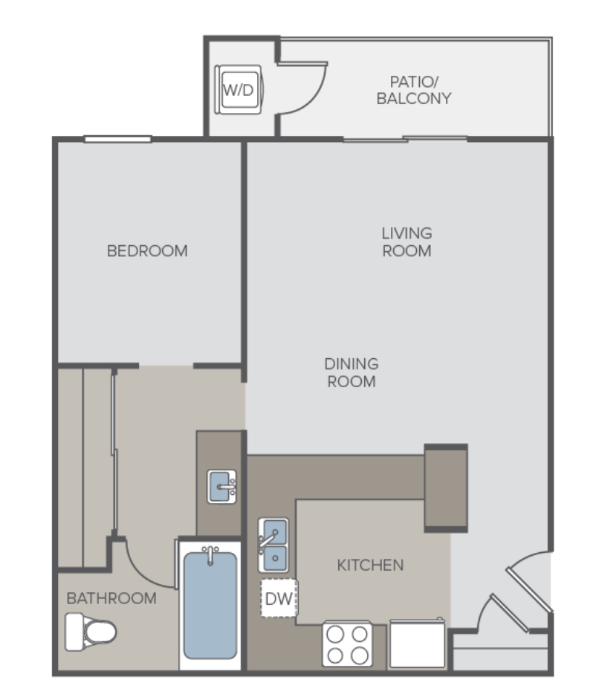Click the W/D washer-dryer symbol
[239, 90]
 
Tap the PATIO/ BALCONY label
[414, 90]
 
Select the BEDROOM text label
[147, 251]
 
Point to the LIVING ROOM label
[407, 242]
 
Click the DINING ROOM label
[352, 373]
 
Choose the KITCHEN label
[370, 565]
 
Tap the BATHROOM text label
[111, 598]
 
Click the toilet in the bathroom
[91, 632]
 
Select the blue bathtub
[210, 606]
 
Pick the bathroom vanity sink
[221, 486]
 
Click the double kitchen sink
[273, 545]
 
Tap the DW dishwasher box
[279, 598]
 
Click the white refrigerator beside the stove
[418, 643]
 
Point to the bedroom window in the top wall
[118, 139]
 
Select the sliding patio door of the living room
[405, 139]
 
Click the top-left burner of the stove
[336, 634]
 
